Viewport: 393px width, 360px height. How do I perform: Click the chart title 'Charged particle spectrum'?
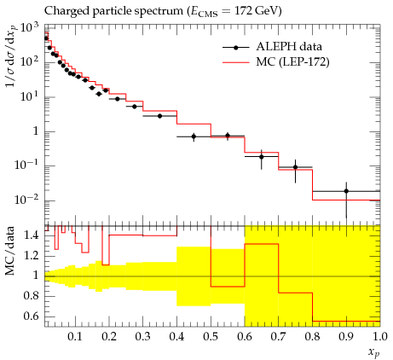coord(113,11)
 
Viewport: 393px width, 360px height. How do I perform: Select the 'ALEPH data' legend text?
coord(289,47)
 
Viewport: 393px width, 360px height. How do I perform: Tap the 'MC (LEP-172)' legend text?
coord(292,62)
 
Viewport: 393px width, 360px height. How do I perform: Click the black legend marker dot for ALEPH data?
coord(235,48)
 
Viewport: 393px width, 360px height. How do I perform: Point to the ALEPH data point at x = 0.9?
coord(346,191)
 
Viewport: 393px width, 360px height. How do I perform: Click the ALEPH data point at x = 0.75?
coord(295,167)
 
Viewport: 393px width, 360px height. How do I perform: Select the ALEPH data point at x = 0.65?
coord(262,157)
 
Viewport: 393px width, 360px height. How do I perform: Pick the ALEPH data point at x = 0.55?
coord(228,136)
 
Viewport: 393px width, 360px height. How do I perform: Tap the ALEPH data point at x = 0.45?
coord(194,136)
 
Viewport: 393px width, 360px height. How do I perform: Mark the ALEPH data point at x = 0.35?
coord(159,116)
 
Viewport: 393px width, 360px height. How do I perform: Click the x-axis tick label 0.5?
coord(211,337)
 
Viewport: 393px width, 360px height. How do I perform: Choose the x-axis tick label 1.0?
coord(380,337)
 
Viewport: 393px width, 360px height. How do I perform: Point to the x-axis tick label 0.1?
coord(75,337)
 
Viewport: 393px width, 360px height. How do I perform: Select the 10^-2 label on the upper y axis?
coord(26,200)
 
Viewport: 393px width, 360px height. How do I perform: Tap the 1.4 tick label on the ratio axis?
coord(32,235)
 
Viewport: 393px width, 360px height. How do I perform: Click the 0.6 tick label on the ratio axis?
coord(32,316)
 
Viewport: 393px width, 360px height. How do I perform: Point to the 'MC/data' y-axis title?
coord(9,251)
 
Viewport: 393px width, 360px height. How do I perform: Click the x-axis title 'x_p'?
coord(374,353)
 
